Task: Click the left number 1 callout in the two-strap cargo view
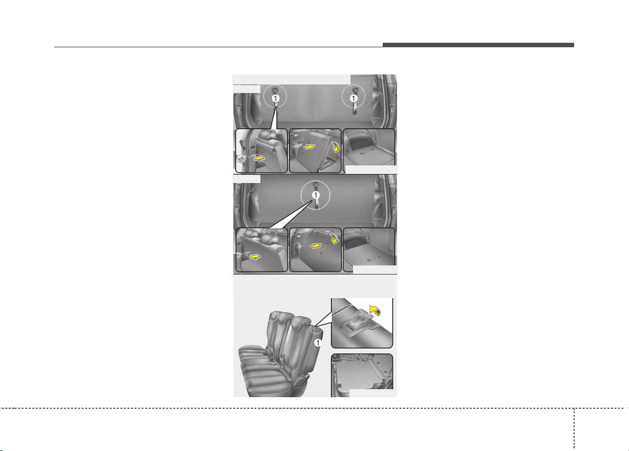(275, 99)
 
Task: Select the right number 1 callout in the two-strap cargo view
(354, 99)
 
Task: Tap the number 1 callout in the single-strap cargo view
(316, 195)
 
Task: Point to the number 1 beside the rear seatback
(318, 342)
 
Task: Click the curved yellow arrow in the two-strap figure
(335, 147)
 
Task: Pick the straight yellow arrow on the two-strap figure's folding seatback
(309, 147)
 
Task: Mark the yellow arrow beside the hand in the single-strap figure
(255, 257)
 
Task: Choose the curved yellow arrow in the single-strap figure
(334, 239)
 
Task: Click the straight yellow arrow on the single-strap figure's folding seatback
(316, 246)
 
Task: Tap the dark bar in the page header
(478, 45)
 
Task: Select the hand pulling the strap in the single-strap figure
(240, 255)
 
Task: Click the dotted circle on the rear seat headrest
(272, 314)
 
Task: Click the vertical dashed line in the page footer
(574, 429)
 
